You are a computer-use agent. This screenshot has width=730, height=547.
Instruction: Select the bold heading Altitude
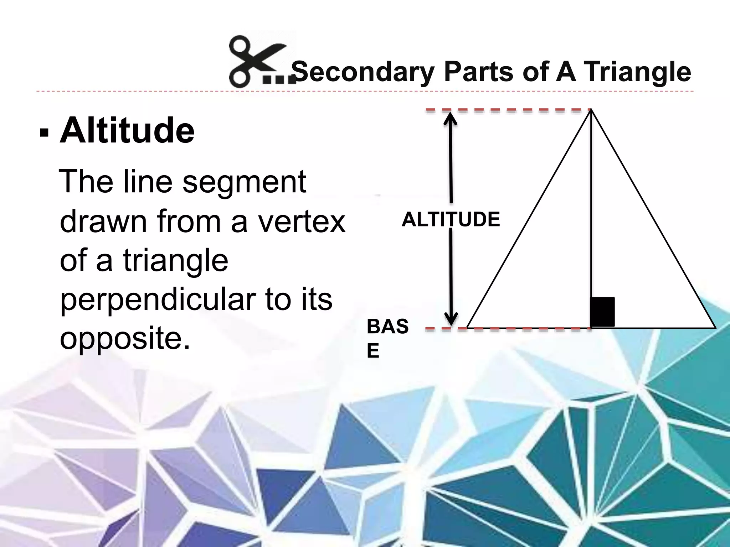click(127, 131)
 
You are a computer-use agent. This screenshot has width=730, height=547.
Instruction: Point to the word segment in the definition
click(244, 182)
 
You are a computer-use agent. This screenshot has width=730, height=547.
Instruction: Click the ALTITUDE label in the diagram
click(451, 219)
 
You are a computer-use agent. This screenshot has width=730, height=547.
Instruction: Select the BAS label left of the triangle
click(387, 327)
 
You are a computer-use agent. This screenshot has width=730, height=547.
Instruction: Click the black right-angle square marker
click(602, 312)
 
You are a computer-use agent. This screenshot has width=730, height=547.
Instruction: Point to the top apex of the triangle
click(591, 110)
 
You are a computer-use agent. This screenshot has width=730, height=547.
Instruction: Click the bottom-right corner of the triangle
click(714, 327)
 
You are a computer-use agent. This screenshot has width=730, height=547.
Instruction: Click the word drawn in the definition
click(103, 222)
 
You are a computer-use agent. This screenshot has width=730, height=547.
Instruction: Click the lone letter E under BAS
click(373, 351)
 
